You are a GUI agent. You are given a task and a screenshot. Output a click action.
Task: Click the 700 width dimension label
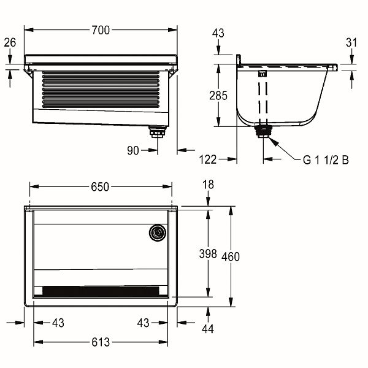point(101,30)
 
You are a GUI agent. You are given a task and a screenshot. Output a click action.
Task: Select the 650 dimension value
point(100,187)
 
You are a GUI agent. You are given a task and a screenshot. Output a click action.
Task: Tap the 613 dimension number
point(101,342)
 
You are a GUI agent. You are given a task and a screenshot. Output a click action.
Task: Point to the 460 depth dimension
point(231,256)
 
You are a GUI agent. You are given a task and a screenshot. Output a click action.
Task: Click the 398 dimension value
point(208,254)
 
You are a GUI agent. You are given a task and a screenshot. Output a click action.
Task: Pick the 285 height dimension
point(218,96)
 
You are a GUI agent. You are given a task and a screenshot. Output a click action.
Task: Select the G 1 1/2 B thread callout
point(326,160)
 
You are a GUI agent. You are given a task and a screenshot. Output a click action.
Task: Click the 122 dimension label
point(208,159)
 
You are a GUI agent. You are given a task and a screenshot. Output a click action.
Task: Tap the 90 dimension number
point(133,150)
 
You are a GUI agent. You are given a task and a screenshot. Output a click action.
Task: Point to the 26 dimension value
point(10,42)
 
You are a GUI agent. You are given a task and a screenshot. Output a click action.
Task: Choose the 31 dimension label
point(351,42)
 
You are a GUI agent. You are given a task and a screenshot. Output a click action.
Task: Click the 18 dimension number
point(208,185)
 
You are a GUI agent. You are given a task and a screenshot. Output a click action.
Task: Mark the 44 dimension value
point(208,329)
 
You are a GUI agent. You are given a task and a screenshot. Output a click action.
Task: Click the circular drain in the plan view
point(158,233)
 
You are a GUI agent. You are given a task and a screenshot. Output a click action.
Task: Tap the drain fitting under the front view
point(158,131)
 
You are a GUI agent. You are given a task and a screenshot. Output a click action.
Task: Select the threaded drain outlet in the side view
point(263,132)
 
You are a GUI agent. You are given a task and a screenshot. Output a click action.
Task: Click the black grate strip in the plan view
point(101,291)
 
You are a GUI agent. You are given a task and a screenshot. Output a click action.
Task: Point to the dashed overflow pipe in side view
point(263,101)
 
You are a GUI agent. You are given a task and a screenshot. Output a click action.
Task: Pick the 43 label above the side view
point(218,33)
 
